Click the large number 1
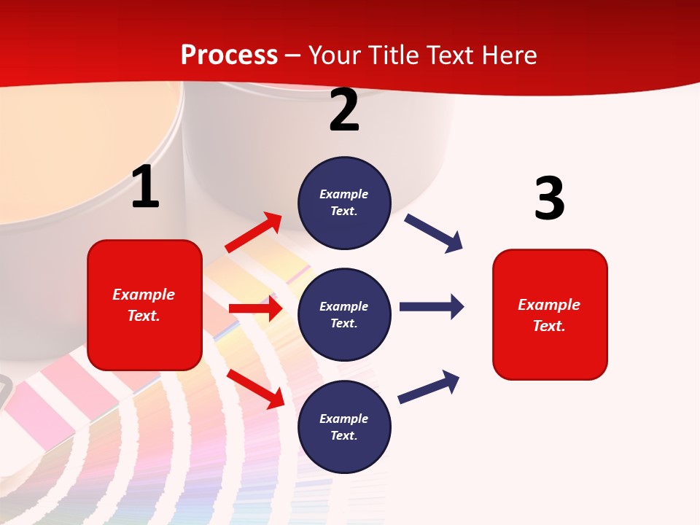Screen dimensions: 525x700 coord(145,187)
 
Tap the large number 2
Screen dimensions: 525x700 coord(344,110)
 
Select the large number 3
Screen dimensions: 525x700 coord(549,198)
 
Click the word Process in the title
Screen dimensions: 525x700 coord(229,55)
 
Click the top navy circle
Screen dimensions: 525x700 coord(344,203)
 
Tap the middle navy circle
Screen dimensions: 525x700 coord(344,315)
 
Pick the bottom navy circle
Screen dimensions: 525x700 coord(344,427)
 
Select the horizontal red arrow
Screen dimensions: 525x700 coord(255,308)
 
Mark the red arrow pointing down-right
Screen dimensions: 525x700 coord(256,388)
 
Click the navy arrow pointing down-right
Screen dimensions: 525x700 coord(434,233)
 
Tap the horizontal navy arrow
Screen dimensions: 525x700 coord(431,306)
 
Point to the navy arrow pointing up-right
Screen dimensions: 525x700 coord(429,386)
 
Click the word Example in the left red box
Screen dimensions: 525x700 coord(144,295)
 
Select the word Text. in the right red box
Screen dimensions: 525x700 coord(549,326)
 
